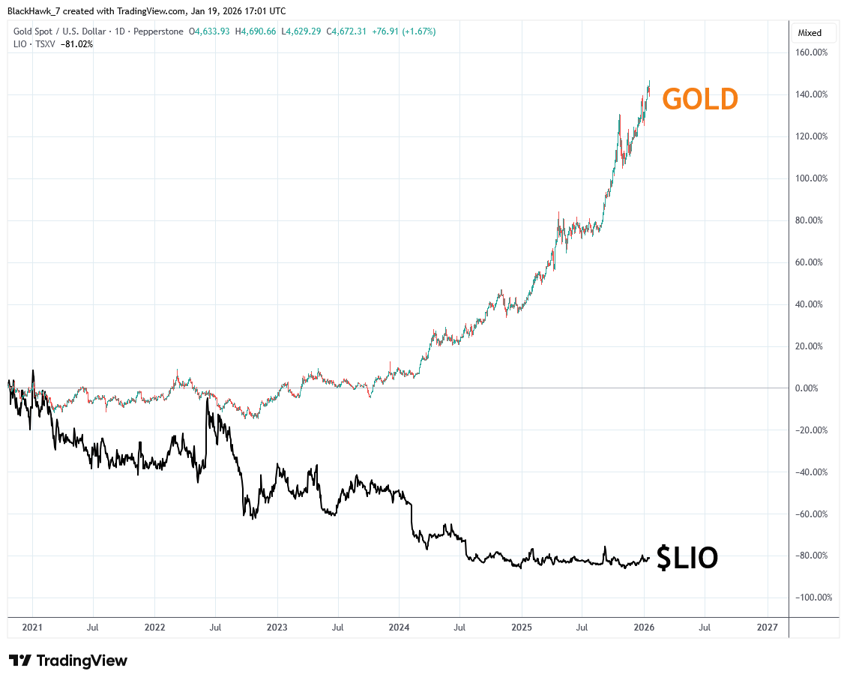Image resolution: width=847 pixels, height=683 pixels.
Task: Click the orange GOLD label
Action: (700, 99)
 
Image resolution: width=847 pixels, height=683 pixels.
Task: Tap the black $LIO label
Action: (687, 558)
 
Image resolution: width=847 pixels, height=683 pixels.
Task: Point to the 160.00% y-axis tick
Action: (813, 52)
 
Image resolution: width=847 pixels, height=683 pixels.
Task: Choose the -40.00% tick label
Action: (813, 472)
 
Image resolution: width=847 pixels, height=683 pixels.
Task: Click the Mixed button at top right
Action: (810, 33)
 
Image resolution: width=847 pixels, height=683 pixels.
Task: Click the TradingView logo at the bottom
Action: (68, 661)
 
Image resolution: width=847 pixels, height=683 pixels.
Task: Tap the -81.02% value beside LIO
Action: (76, 44)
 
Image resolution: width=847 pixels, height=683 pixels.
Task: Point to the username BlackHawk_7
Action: (33, 11)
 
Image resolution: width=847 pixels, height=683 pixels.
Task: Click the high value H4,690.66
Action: (256, 31)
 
